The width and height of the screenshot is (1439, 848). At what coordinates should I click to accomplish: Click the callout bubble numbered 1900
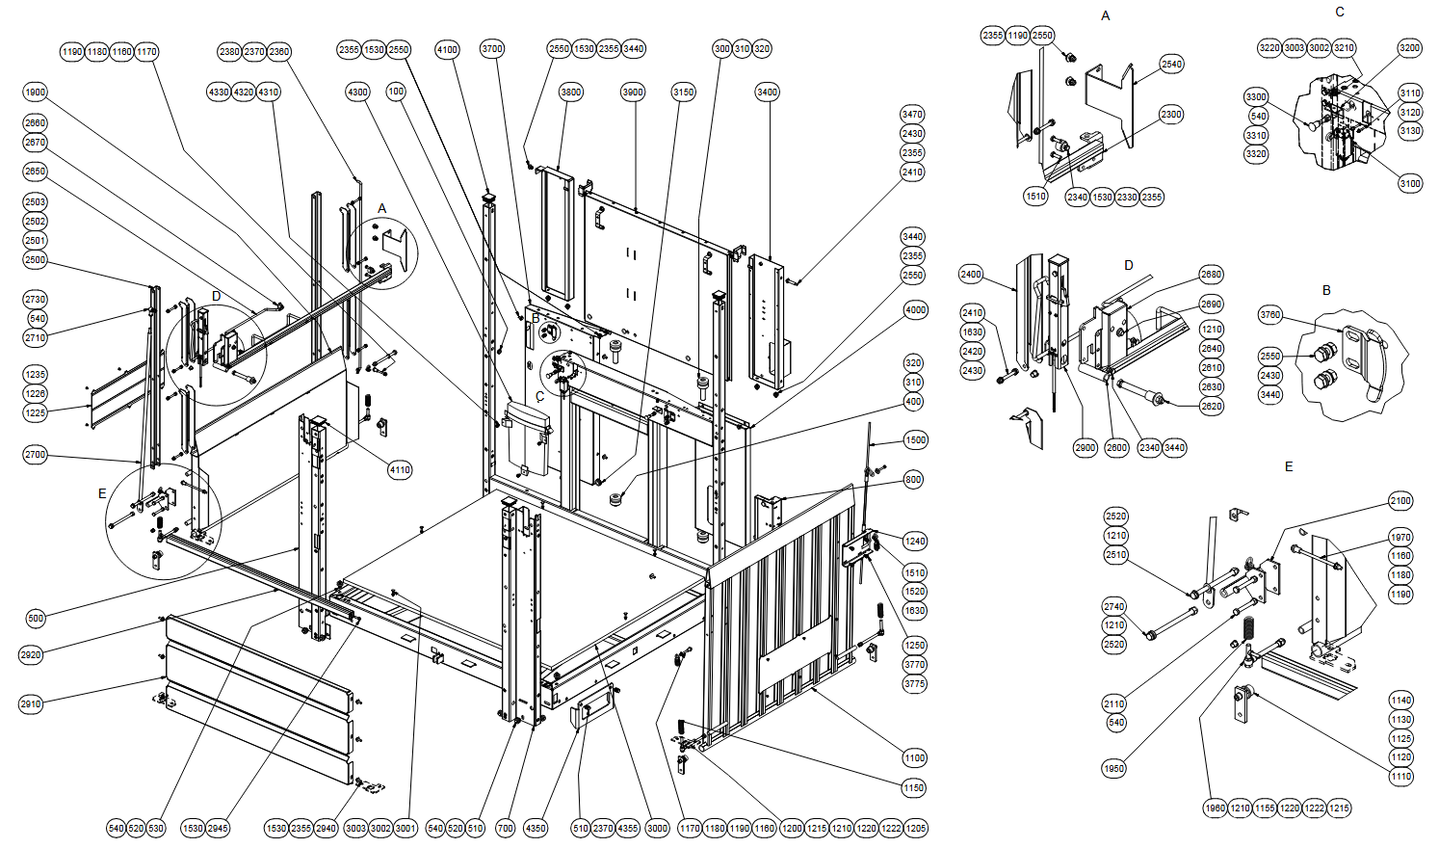tap(36, 93)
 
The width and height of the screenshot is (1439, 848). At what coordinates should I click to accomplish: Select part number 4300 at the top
tap(357, 93)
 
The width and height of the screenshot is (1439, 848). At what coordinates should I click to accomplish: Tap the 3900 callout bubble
tap(633, 93)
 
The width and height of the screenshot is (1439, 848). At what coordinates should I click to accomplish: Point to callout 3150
tap(683, 93)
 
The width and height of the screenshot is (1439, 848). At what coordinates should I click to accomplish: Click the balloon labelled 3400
tap(767, 93)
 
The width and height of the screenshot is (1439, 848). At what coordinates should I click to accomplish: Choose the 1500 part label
tap(915, 440)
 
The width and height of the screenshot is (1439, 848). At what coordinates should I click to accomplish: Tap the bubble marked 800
tap(913, 480)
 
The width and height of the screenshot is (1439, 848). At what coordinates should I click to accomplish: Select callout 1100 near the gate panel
tap(914, 758)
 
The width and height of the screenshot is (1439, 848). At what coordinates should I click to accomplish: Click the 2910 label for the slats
tap(31, 704)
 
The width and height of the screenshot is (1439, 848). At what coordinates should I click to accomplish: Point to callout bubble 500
tap(36, 618)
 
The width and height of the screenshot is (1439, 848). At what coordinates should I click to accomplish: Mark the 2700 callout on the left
tap(36, 455)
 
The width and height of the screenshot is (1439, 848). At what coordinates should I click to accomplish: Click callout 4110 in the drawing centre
tap(400, 470)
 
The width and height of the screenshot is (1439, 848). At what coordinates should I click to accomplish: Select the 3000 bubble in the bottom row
tap(657, 829)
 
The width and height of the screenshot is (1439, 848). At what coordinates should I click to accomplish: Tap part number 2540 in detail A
tap(1171, 65)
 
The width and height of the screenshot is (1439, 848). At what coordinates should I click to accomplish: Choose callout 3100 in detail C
tap(1410, 184)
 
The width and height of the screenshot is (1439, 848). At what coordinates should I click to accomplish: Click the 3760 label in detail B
tap(1270, 315)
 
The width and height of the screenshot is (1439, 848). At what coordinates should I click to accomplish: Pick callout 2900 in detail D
tap(1086, 448)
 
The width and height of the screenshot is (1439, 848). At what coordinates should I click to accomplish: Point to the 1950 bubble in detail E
tap(1114, 769)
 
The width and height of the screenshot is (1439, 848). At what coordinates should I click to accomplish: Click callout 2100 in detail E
tap(1400, 501)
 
